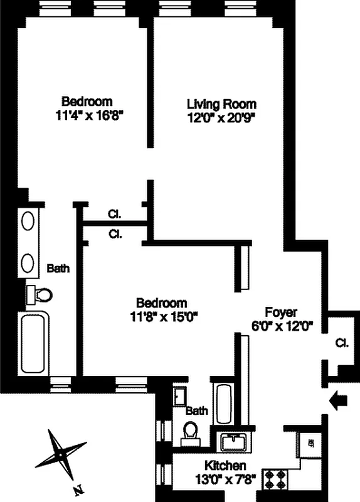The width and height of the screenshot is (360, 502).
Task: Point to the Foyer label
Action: tap(280, 312)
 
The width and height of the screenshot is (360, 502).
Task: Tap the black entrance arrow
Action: tap(337, 400)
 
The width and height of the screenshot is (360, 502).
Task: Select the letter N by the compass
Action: tap(78, 488)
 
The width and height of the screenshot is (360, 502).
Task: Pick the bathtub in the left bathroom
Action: tap(34, 344)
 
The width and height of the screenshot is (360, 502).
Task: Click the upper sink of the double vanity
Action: tap(29, 221)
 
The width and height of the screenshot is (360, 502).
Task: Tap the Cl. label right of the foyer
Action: tap(341, 343)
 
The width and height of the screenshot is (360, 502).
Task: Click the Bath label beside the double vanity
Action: tap(58, 268)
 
